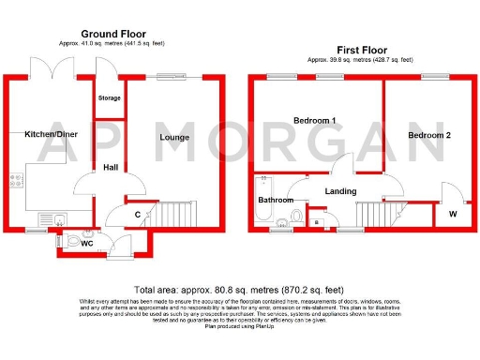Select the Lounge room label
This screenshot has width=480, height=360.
click(x=174, y=138)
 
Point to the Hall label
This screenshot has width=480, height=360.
click(x=111, y=168)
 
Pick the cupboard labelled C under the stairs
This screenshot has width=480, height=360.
click(x=137, y=215)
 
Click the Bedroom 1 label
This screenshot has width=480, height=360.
click(x=314, y=121)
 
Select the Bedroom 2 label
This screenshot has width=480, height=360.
click(x=429, y=135)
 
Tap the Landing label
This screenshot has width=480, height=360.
click(x=338, y=192)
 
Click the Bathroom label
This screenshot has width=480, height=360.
click(x=275, y=200)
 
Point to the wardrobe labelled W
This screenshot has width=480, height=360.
click(x=453, y=214)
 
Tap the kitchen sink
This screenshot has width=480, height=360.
click(x=57, y=221)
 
